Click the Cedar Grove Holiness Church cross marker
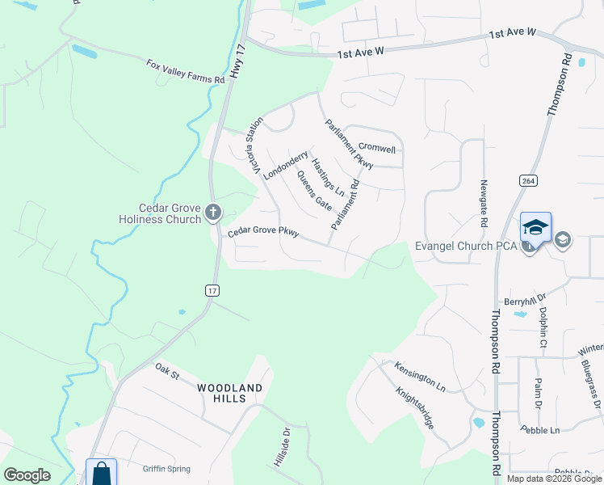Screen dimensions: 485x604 click(x=213, y=213)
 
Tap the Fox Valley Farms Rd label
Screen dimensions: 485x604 click(x=185, y=71)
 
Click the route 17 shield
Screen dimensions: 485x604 click(x=212, y=290)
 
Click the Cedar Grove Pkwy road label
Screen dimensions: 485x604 click(x=263, y=233)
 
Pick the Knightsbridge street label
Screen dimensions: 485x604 click(x=421, y=407)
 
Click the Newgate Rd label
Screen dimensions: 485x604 click(x=484, y=203)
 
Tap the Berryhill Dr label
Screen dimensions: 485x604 click(x=526, y=301)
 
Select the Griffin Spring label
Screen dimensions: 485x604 click(x=166, y=468)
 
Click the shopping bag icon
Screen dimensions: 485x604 click(x=102, y=472)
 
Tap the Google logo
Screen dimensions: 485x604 click(x=27, y=475)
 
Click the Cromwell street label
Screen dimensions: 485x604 click(x=377, y=150)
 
